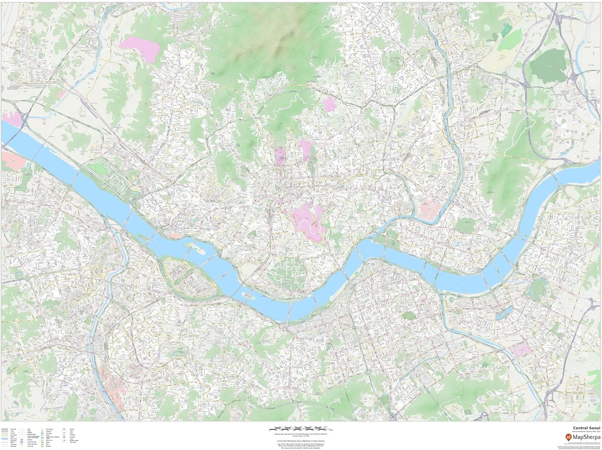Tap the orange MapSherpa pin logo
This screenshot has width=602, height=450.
563,438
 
